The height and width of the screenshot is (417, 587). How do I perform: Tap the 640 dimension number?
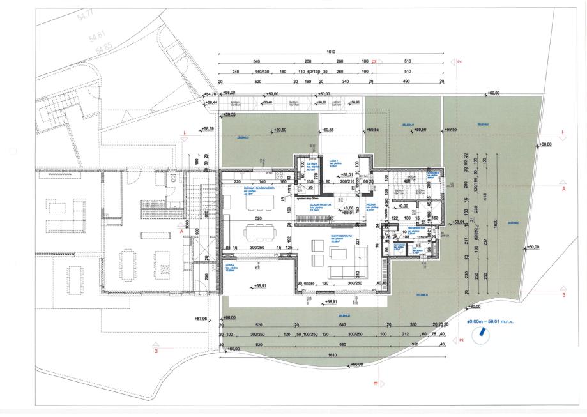(343, 325)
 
